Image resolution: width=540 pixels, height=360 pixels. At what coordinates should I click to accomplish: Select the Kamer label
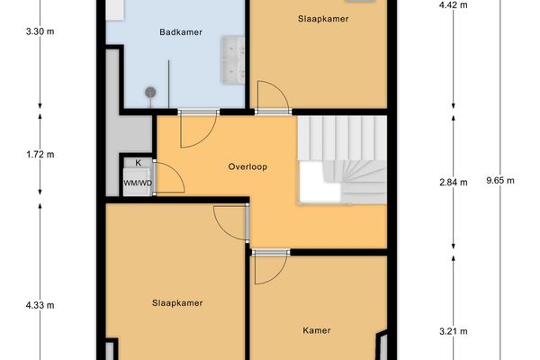pyautogui.click(x=317, y=330)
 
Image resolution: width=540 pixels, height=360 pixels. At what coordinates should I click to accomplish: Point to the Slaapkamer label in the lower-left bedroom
pyautogui.click(x=176, y=302)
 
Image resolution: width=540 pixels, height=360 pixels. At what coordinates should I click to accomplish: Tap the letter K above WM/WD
pyautogui.click(x=138, y=163)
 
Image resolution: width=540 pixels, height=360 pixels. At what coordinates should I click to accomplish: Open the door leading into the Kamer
pyautogui.click(x=270, y=266)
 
